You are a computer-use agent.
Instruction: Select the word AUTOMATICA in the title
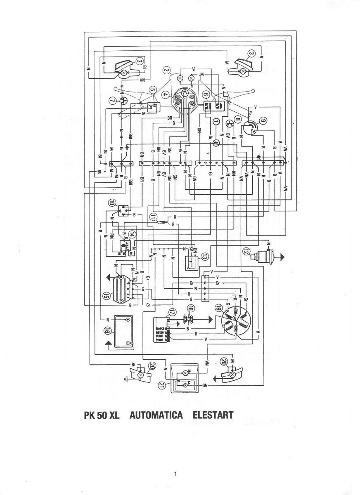click(x=156, y=415)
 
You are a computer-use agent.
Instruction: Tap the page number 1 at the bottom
click(x=176, y=474)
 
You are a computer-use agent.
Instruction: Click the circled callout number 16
click(x=107, y=331)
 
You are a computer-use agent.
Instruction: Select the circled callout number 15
click(x=107, y=295)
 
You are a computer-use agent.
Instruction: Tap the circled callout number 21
click(x=162, y=385)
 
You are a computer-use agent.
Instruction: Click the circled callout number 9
click(x=263, y=121)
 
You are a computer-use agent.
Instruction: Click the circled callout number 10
click(x=112, y=203)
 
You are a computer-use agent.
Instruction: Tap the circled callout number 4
click(x=165, y=95)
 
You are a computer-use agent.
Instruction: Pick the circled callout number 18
click(x=190, y=309)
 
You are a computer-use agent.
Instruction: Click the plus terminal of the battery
click(x=128, y=319)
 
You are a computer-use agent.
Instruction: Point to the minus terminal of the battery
click(x=128, y=343)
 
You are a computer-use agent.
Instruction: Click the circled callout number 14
click(x=132, y=234)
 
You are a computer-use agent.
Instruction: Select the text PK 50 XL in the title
click(x=102, y=415)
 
